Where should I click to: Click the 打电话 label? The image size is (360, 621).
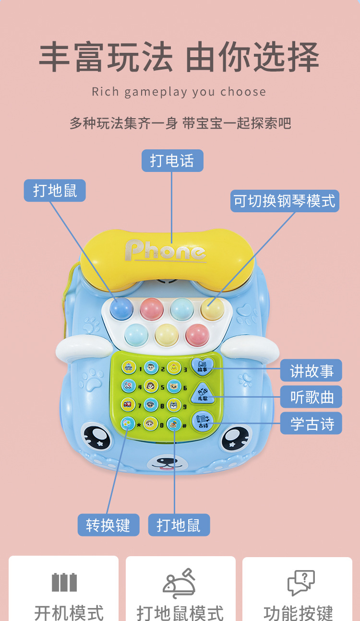pyautogui.click(x=172, y=160)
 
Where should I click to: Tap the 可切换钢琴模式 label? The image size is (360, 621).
pyautogui.click(x=285, y=201)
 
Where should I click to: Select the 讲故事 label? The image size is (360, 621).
pyautogui.click(x=312, y=371)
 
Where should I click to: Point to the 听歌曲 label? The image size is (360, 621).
pyautogui.click(x=312, y=397)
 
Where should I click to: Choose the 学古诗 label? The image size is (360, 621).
pyautogui.click(x=312, y=424)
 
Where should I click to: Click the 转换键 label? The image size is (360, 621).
pyautogui.click(x=108, y=525)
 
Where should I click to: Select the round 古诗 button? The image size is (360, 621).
pyautogui.click(x=201, y=421)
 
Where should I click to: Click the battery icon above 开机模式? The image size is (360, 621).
pyautogui.click(x=64, y=582)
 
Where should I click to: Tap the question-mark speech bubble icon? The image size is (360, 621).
pyautogui.click(x=301, y=583)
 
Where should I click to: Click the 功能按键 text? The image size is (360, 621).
pyautogui.click(x=298, y=613)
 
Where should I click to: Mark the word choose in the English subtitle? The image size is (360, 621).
pyautogui.click(x=243, y=92)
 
